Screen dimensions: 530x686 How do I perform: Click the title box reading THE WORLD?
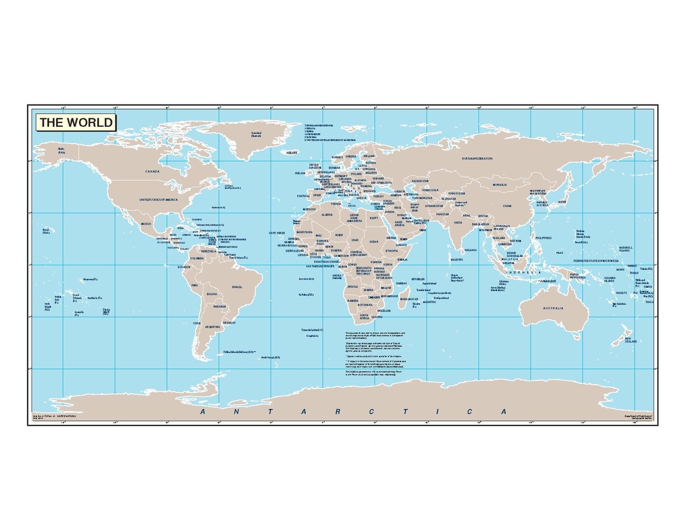[x=76, y=122]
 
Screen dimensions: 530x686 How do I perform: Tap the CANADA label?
[x=152, y=171]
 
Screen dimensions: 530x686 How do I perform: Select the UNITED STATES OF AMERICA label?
[x=159, y=200]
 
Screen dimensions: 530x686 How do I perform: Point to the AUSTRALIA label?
[x=553, y=308]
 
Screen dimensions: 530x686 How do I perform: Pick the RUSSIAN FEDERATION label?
[x=477, y=158]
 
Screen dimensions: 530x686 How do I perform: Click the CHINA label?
[x=507, y=205]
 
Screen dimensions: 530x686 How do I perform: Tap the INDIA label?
[x=458, y=222]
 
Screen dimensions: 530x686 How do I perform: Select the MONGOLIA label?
[x=500, y=185]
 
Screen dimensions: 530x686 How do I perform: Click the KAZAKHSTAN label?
[x=420, y=181]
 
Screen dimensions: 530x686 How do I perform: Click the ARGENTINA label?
[x=213, y=326]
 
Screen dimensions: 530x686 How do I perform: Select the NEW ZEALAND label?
[x=631, y=340]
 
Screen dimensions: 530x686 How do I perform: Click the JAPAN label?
[x=562, y=201]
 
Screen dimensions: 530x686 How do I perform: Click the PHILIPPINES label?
[x=544, y=237]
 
